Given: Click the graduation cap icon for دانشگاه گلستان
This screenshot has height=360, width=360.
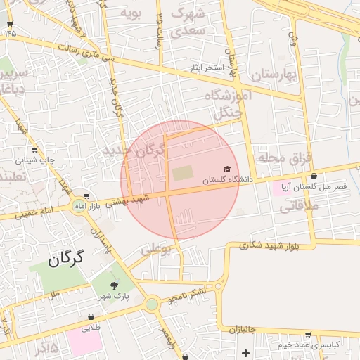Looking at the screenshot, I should [x=227, y=169].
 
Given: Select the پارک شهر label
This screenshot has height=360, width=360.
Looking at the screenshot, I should [x=114, y=296].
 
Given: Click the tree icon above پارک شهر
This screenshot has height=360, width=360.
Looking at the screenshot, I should [x=114, y=285].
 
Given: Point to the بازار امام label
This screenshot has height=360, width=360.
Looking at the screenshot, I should [x=105, y=206].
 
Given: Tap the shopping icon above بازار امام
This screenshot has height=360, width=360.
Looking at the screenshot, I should [x=86, y=197].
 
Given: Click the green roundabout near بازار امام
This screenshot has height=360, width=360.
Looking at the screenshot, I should [x=77, y=206].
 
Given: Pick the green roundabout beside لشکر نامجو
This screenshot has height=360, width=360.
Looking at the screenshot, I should [x=151, y=304].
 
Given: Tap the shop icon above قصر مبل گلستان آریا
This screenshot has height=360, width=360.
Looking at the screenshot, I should [x=314, y=176].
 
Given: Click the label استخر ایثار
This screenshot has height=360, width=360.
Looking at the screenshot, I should [x=205, y=68].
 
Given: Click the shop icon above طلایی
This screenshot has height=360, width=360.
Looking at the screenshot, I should [x=91, y=316].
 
